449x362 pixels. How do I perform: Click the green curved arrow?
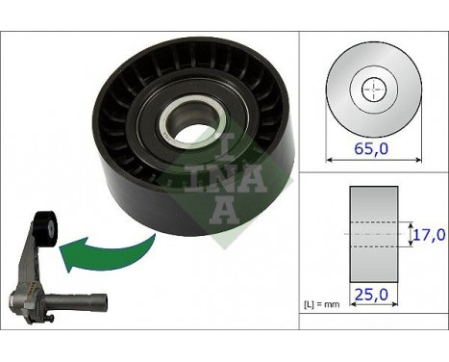[105, 250]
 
